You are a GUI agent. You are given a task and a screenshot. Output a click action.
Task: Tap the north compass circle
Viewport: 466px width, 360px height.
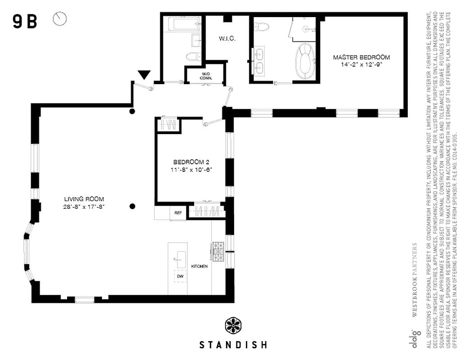pyautogui.click(x=60, y=18)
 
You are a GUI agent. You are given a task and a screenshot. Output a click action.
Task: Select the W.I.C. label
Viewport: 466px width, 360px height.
pyautogui.click(x=228, y=39)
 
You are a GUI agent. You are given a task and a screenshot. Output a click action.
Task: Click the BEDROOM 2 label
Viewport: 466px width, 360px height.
pyautogui.click(x=191, y=162)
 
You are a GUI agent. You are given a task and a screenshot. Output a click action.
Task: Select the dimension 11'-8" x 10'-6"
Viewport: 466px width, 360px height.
pyautogui.click(x=191, y=169)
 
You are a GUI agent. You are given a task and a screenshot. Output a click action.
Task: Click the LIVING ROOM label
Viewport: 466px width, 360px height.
pyautogui.click(x=84, y=199)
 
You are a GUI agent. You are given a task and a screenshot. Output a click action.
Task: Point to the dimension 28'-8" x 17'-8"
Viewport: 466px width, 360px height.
pyautogui.click(x=84, y=207)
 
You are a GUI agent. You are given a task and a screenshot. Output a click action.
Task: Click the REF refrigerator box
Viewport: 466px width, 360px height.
pyautogui.click(x=178, y=213)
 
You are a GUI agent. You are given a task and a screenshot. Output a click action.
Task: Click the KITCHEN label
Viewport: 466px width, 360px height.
pyautogui.click(x=199, y=266)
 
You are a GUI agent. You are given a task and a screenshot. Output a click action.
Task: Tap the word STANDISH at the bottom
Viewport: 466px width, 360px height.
pyautogui.click(x=233, y=345)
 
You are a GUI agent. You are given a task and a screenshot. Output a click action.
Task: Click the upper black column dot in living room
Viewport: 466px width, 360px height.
pyautogui.click(x=132, y=111)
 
